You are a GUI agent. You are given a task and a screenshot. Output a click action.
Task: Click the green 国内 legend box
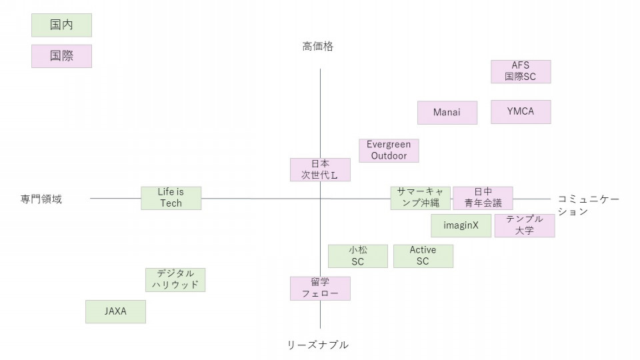pyautogui.click(x=61, y=25)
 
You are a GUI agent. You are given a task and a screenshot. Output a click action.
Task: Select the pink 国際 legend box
pyautogui.click(x=61, y=56)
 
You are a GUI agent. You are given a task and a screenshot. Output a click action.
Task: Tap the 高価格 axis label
pyautogui.click(x=317, y=46)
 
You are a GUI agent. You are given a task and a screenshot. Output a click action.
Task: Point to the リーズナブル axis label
pyautogui.click(x=317, y=345)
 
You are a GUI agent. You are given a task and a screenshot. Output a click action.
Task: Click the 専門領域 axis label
pyautogui.click(x=41, y=199)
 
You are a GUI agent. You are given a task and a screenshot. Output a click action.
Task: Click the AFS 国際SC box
pyautogui.click(x=521, y=71)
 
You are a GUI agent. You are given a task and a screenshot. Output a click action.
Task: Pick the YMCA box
pyautogui.click(x=521, y=112)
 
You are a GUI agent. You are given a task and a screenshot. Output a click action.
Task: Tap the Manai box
pyautogui.click(x=447, y=113)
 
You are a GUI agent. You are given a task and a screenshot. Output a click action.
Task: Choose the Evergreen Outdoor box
pyautogui.click(x=389, y=151)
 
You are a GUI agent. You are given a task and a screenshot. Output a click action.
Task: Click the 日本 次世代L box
pyautogui.click(x=321, y=169)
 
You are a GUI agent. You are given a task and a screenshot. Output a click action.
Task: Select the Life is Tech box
pyautogui.click(x=171, y=198)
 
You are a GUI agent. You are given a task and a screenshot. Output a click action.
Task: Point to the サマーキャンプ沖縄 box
pyautogui.click(x=420, y=198)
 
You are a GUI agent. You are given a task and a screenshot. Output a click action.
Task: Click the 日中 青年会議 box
pyautogui.click(x=483, y=198)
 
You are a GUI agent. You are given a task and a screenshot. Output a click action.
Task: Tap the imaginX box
pyautogui.click(x=461, y=226)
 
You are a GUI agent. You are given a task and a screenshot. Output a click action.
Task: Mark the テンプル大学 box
pyautogui.click(x=525, y=225)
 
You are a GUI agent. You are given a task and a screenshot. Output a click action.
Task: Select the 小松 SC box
pyautogui.click(x=357, y=256)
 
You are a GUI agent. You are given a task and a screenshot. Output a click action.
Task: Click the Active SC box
pyautogui.click(x=423, y=256)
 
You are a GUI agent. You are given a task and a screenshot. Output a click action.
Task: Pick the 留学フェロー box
pyautogui.click(x=320, y=288)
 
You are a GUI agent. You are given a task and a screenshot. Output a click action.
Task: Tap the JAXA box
pyautogui.click(x=115, y=311)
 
